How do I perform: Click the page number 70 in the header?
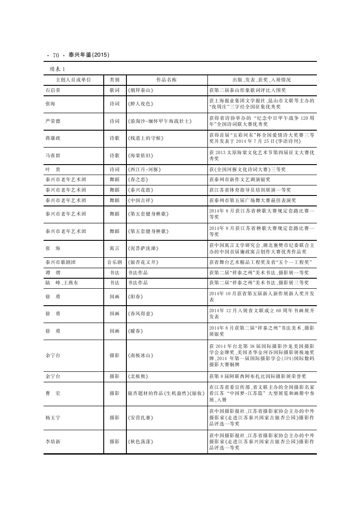pyautogui.click(x=55, y=55)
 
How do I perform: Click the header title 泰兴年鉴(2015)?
pyautogui.click(x=88, y=55)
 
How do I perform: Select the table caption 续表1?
pyautogui.click(x=57, y=69)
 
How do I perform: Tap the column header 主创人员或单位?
pyautogui.click(x=74, y=80)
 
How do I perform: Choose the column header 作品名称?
pyautogui.click(x=166, y=80)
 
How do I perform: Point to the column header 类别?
pyautogui.click(x=115, y=80)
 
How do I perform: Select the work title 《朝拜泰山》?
pyautogui.click(x=140, y=90)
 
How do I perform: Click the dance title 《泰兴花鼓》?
pyautogui.click(x=140, y=190)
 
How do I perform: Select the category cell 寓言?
pyautogui.click(x=115, y=248)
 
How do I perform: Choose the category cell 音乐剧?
pyautogui.click(x=115, y=262)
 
